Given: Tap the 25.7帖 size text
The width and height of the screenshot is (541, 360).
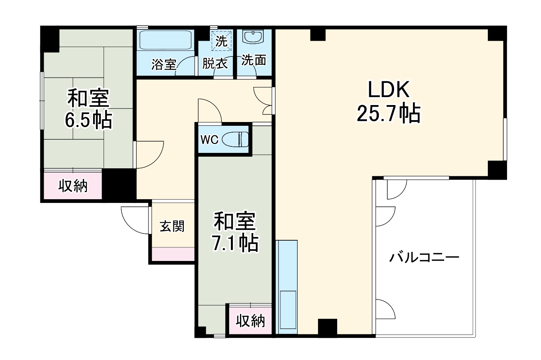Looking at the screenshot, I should click(388, 113).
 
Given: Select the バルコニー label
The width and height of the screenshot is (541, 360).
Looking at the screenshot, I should click(424, 258).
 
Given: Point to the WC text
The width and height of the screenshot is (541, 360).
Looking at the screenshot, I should click(209, 140).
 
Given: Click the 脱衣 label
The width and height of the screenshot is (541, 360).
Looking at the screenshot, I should click(215, 63).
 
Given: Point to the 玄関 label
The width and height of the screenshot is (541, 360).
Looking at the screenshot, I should click(172, 226).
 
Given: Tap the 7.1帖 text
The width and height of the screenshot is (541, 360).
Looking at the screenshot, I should click(235, 243).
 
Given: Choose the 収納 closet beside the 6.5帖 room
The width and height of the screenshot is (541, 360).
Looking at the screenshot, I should click(73, 186).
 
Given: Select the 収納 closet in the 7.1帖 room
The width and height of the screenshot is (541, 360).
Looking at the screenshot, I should click(251, 321).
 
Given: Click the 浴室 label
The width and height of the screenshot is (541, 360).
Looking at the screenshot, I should click(164, 64).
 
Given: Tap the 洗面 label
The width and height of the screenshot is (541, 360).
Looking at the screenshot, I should click(254, 60).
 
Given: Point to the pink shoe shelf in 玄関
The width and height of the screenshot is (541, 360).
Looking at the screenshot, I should click(173, 254).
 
